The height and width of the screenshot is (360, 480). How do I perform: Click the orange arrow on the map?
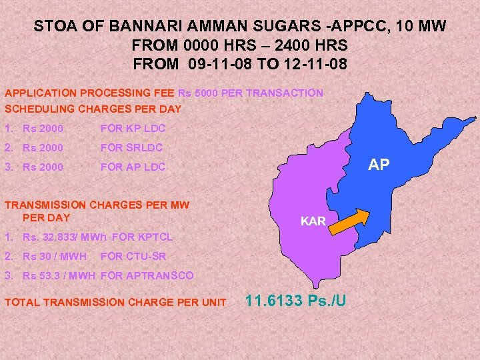pos(351,221)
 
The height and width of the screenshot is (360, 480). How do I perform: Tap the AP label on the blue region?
pos(379,165)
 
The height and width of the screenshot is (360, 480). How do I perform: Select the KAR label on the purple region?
pos(313,221)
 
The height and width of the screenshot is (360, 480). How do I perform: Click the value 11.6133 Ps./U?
pos(296,301)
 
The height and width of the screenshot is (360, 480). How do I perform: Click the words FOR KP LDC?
pos(133,128)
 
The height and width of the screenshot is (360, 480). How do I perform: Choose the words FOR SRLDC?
pos(131,147)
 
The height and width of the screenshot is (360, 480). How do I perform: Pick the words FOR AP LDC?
pos(133,167)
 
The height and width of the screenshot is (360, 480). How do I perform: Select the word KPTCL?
pos(157,237)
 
